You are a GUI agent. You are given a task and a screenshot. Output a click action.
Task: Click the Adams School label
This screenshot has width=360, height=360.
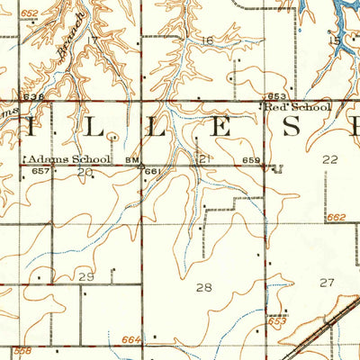(67, 159)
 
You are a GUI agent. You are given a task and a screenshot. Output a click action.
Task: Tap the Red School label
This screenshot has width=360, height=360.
(298, 107)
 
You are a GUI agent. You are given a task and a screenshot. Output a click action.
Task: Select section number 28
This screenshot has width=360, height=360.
(204, 288)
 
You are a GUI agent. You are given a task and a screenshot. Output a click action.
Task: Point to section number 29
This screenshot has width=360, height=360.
(86, 276)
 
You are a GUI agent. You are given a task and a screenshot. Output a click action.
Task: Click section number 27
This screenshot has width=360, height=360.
(327, 282)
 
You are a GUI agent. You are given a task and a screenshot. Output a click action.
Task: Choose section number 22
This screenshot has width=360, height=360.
(330, 159)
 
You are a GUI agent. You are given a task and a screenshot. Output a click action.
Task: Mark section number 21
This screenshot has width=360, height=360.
(204, 159)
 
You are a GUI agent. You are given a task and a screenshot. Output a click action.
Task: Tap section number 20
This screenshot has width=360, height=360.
(85, 171)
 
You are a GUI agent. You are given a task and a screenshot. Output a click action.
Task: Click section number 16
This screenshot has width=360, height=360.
(208, 40)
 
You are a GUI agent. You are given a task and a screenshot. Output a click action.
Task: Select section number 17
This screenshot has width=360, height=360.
(92, 40)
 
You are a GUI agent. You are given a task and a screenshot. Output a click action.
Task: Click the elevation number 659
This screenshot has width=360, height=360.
(251, 161)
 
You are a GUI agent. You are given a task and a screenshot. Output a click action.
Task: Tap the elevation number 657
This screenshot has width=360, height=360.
(40, 170)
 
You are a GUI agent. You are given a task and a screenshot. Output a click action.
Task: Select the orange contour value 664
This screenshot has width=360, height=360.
(131, 338)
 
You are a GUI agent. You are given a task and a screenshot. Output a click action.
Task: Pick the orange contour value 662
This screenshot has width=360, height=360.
(337, 217)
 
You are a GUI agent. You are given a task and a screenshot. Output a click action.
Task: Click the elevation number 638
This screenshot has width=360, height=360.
(33, 97)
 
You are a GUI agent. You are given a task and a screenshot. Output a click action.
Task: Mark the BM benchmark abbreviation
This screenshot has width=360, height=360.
(132, 160)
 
